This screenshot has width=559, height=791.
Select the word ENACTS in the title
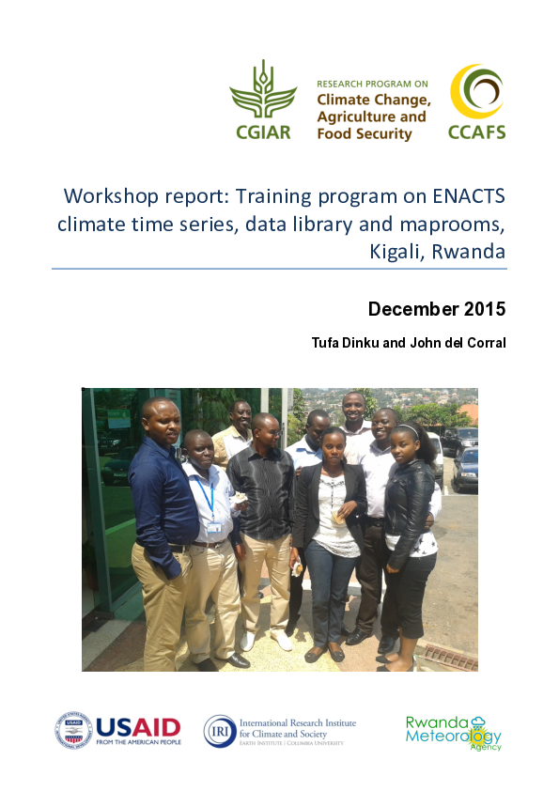(466, 197)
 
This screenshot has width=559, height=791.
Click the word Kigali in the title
(393, 251)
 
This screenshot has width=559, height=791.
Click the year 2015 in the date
(483, 309)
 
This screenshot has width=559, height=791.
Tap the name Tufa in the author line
(327, 343)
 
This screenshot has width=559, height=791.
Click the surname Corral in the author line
(485, 343)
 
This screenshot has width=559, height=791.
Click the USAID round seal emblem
(72, 730)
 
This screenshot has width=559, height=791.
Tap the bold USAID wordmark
(137, 727)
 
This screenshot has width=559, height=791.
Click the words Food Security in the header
(365, 134)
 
